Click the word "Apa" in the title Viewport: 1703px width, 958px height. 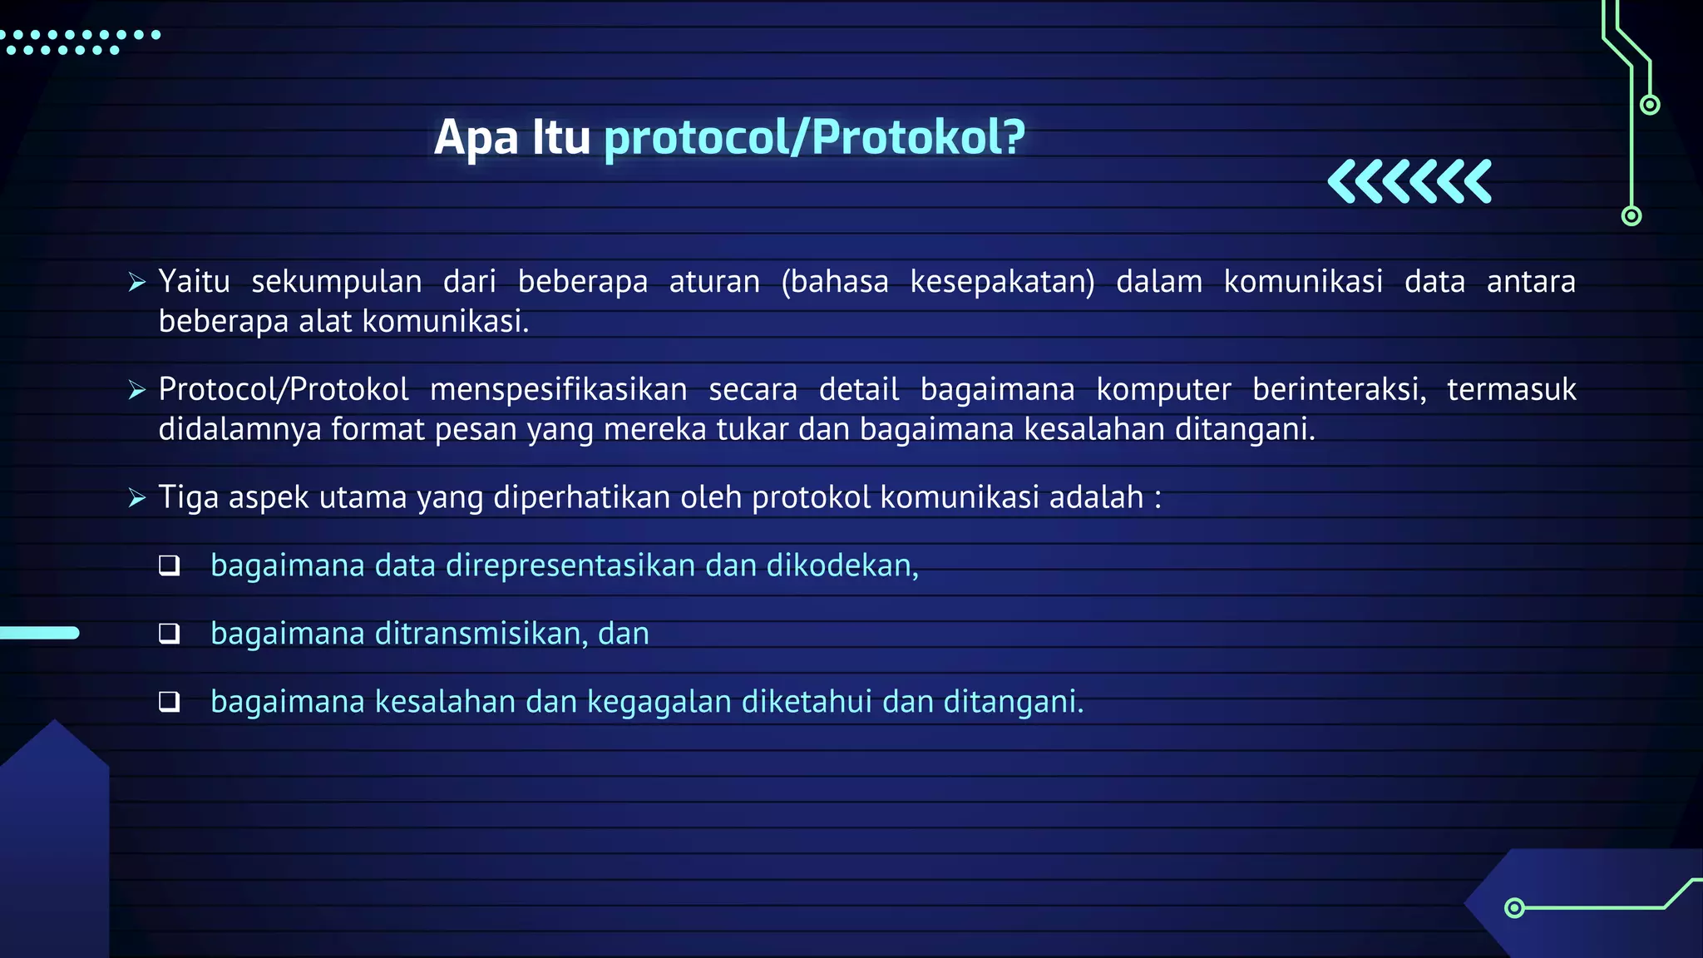tap(476, 138)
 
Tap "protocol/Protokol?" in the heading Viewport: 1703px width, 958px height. tap(814, 137)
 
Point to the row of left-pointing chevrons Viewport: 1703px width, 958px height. tap(1409, 181)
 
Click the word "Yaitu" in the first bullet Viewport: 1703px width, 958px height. tap(194, 282)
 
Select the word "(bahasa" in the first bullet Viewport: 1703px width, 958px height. tap(835, 282)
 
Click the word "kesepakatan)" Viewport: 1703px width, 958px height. tap(1002, 282)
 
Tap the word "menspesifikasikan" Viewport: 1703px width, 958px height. tap(558, 389)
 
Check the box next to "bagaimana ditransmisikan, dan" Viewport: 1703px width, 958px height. tap(170, 634)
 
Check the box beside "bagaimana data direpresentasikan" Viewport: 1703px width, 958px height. tap(170, 565)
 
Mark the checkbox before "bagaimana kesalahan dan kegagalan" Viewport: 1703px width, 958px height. tap(170, 702)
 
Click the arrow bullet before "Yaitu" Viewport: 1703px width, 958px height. tap(137, 282)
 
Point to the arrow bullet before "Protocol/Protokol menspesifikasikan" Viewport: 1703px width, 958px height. tap(137, 389)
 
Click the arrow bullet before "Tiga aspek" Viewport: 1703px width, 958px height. tap(137, 497)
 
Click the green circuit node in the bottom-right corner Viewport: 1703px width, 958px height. tap(1514, 907)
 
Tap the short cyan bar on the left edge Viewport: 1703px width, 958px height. tap(39, 633)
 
